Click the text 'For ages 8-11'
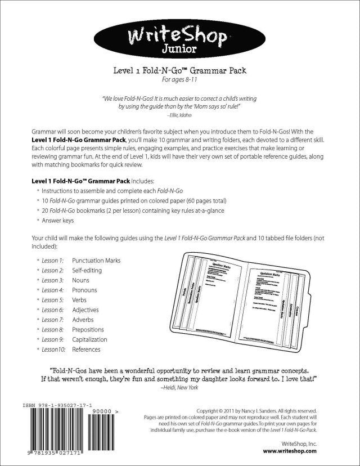[179, 79]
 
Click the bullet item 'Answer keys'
[60, 220]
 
